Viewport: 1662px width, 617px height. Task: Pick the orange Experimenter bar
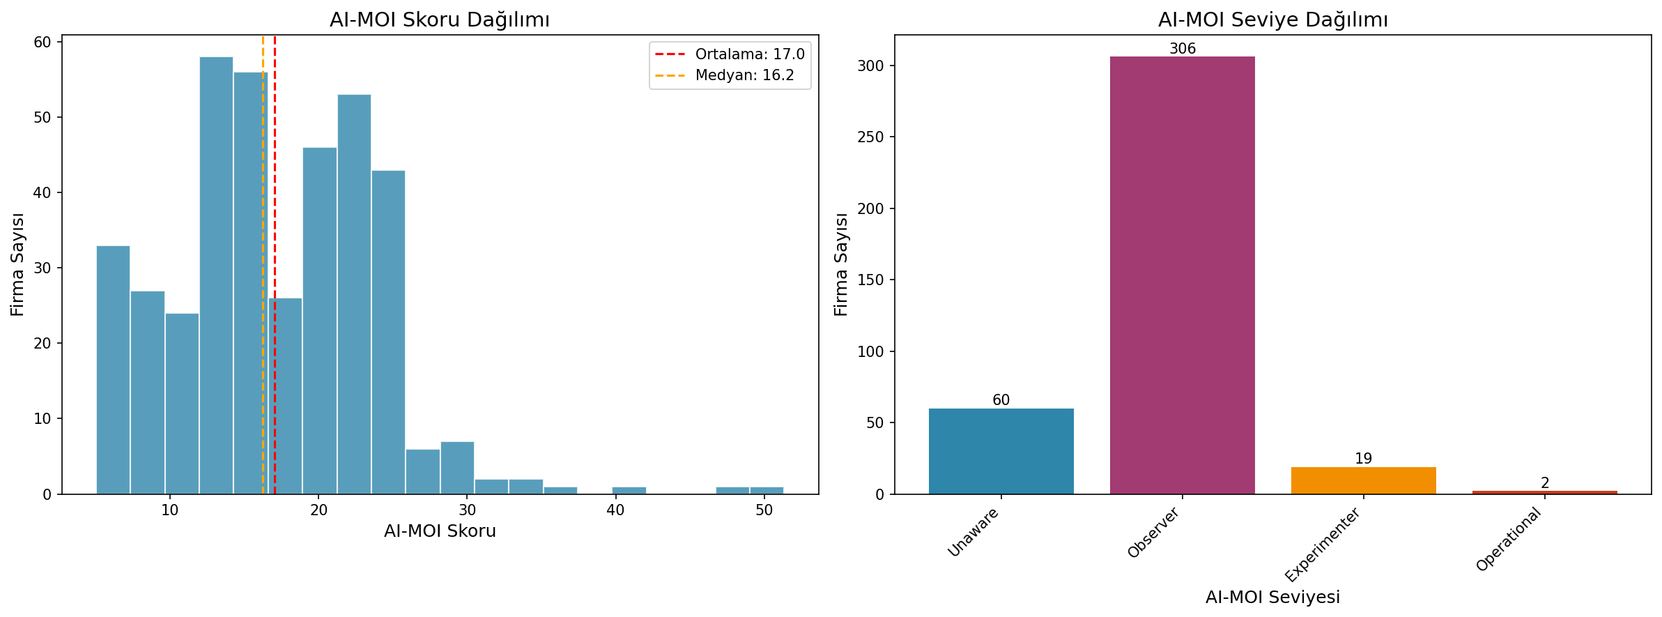coord(1363,480)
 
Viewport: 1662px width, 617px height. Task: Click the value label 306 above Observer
coord(1183,49)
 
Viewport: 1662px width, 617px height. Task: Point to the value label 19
coord(1363,459)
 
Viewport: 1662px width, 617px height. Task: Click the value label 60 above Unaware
coord(1001,400)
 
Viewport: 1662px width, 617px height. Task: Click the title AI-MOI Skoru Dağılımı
coord(440,20)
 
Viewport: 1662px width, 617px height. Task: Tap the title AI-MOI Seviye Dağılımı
coord(1272,20)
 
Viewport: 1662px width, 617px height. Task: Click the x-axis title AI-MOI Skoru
coord(440,531)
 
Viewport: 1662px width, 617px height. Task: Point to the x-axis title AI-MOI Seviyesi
coord(1272,597)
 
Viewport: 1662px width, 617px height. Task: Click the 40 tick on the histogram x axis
coord(615,510)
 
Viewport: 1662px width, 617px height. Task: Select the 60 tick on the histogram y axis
coord(43,43)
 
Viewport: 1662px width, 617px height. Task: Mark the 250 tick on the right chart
coord(870,137)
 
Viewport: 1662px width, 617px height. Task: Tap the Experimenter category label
coord(1323,545)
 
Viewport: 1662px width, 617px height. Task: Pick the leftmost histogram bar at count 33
coord(113,370)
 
